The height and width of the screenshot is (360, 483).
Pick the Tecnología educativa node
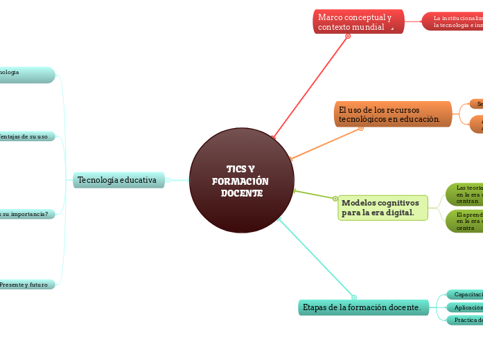click(x=119, y=180)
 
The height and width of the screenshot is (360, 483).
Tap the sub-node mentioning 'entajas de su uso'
click(x=26, y=136)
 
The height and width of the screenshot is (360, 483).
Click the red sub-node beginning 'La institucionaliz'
click(x=454, y=21)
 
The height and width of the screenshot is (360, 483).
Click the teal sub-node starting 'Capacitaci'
click(x=465, y=295)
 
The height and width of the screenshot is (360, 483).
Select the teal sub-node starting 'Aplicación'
click(x=465, y=307)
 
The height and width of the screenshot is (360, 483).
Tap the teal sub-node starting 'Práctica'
click(x=465, y=320)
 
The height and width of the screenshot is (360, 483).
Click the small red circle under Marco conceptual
click(x=348, y=36)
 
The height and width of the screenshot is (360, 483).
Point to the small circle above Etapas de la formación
click(x=354, y=298)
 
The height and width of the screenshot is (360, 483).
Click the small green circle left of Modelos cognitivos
click(x=335, y=199)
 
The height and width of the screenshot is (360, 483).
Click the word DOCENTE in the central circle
click(x=242, y=193)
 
